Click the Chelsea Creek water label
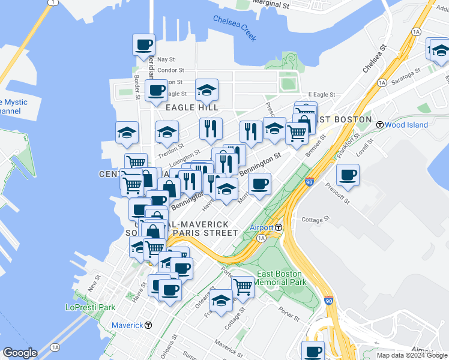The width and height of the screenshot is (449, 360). tap(235, 28)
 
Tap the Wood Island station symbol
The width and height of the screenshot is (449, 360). tap(380, 125)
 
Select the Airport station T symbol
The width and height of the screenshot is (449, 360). tap(279, 227)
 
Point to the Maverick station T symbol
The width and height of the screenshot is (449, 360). tap(148, 325)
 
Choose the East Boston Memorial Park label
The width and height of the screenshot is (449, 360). tap(281, 278)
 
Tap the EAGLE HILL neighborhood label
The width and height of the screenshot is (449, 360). tap(188, 107)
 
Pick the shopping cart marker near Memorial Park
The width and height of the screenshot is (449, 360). tap(243, 286)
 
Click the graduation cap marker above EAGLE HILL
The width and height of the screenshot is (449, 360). tap(206, 90)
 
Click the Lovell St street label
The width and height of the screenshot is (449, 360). tap(365, 148)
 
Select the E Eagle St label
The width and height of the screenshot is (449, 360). tap(321, 95)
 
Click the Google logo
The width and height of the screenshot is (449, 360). tap(19, 353)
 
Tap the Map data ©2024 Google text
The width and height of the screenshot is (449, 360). tap(412, 355)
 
